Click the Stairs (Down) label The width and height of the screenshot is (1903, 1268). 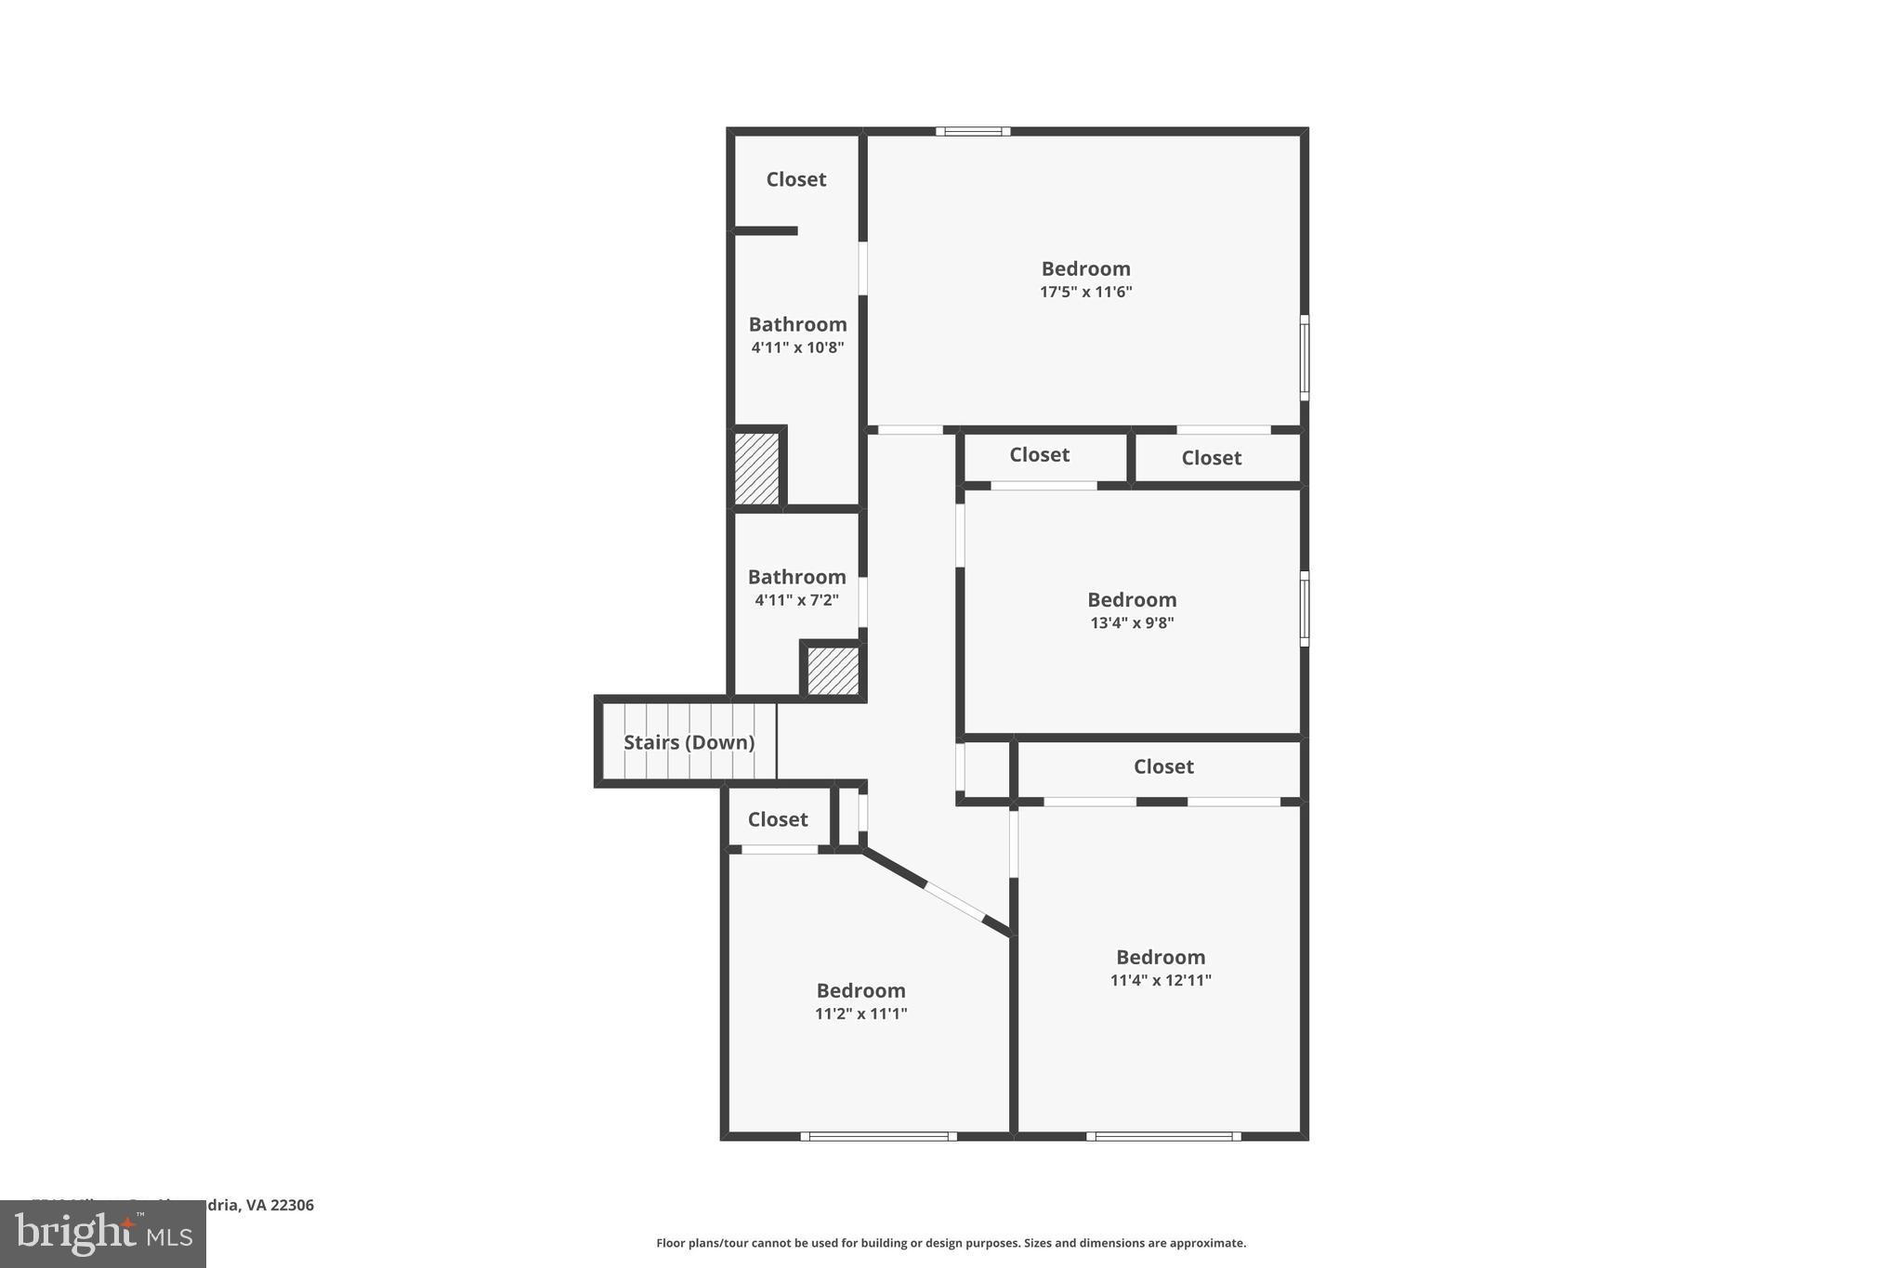click(689, 742)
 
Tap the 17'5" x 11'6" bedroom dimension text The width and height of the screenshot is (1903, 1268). click(1085, 292)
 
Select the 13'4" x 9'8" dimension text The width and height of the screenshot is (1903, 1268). click(1132, 622)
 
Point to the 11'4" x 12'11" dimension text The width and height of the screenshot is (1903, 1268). click(1161, 980)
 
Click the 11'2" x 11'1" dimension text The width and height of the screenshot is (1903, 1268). click(860, 1013)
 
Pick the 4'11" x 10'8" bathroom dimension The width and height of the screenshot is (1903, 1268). click(797, 347)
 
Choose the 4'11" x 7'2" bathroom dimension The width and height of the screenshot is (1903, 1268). click(796, 600)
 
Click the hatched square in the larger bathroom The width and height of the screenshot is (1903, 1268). click(756, 469)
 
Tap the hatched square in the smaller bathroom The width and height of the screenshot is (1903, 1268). click(833, 671)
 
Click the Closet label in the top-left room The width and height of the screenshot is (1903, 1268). click(795, 179)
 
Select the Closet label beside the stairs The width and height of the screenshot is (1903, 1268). click(778, 819)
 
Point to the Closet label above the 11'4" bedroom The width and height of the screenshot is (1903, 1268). click(1163, 766)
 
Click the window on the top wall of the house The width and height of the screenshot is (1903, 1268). click(973, 132)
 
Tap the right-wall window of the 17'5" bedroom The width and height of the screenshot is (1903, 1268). click(1304, 358)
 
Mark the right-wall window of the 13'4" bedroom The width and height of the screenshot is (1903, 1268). click(1304, 608)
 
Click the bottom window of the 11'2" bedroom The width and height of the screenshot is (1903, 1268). click(878, 1135)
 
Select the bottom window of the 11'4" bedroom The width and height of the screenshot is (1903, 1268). click(1163, 1135)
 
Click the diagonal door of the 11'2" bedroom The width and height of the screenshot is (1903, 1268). click(954, 901)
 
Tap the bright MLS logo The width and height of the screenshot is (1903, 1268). click(103, 1234)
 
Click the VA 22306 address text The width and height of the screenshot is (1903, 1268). click(279, 1205)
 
